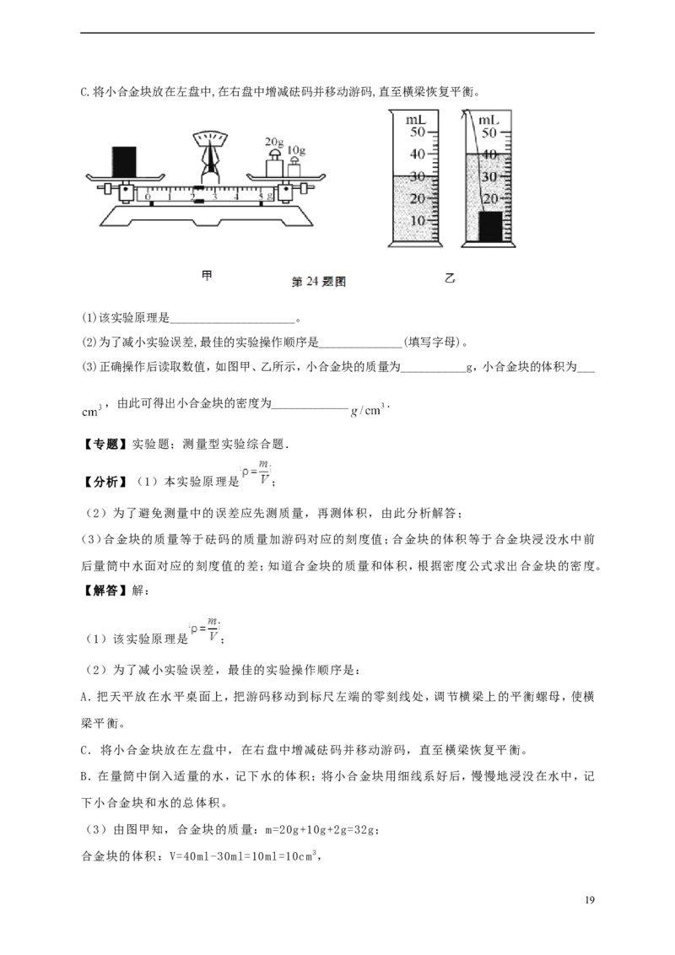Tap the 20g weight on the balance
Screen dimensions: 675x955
coord(273,164)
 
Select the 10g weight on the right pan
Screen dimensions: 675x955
coord(294,167)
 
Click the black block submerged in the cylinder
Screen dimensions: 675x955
coord(490,226)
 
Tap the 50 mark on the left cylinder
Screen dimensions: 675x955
coord(418,132)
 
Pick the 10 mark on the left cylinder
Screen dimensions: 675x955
coord(418,220)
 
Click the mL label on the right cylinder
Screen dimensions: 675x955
coord(489,120)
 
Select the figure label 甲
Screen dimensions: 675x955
coord(207,276)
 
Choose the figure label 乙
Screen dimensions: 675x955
coord(450,279)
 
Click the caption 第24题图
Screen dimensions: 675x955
coord(319,282)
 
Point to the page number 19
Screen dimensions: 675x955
coord(588,900)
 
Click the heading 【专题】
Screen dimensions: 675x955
coord(104,444)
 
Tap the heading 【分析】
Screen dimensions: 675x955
coord(104,482)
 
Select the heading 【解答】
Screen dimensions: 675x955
coord(104,591)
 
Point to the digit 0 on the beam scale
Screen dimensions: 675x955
coord(148,197)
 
